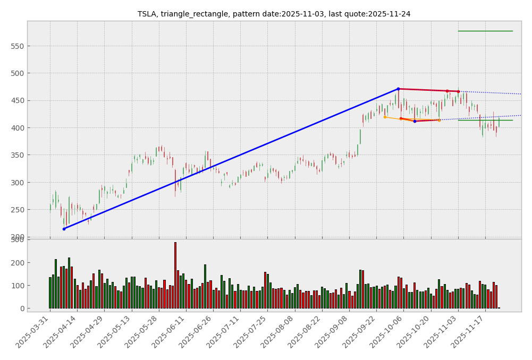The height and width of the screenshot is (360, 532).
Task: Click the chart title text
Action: click(274, 14)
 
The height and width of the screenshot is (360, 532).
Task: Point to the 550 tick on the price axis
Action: click(18, 46)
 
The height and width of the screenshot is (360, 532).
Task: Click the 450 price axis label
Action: click(18, 101)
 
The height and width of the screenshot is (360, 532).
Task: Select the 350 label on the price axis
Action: click(18, 155)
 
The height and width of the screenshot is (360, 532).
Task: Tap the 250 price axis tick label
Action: click(18, 210)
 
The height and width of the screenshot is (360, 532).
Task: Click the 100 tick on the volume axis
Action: click(18, 286)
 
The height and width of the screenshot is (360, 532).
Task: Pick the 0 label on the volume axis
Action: click(21, 308)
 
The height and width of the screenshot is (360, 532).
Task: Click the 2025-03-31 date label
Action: click(33, 332)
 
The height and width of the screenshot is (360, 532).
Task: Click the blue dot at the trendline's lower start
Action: click(64, 229)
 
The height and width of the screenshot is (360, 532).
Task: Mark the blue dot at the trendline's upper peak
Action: click(398, 89)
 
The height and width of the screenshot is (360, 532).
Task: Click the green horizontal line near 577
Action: click(485, 31)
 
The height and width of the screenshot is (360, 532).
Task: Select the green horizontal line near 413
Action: click(485, 120)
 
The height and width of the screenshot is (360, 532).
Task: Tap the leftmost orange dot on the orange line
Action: click(385, 117)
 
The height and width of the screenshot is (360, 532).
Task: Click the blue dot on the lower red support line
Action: click(415, 121)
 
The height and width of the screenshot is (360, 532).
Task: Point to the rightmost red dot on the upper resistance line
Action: click(458, 91)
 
